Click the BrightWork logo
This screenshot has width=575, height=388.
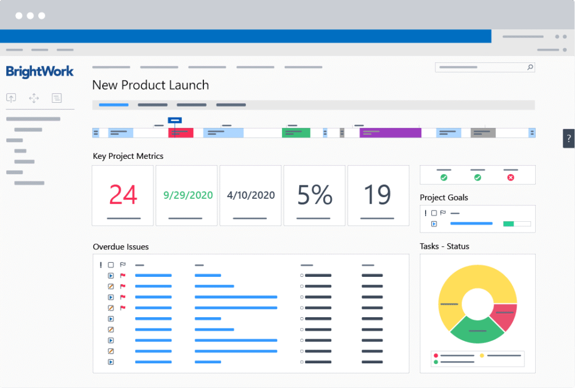(x=40, y=71)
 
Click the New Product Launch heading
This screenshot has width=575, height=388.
(x=150, y=85)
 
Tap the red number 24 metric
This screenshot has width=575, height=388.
(x=123, y=195)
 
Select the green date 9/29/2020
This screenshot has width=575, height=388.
(x=188, y=195)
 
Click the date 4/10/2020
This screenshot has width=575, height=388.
(x=250, y=195)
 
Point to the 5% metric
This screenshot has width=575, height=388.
(x=314, y=195)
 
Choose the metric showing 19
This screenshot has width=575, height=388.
(x=377, y=195)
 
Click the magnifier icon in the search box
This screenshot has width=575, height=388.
(x=530, y=67)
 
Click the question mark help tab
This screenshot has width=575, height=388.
(x=569, y=138)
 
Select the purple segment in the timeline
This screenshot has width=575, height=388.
(x=390, y=133)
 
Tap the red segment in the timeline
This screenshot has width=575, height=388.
(x=181, y=133)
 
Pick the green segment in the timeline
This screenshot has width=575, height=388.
(x=296, y=133)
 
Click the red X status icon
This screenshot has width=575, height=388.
(x=510, y=177)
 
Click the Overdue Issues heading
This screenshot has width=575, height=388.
(x=121, y=247)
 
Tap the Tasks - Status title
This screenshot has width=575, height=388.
(x=444, y=246)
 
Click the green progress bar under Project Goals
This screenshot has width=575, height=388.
(x=509, y=223)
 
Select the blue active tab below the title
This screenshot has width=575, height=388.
(x=113, y=105)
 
